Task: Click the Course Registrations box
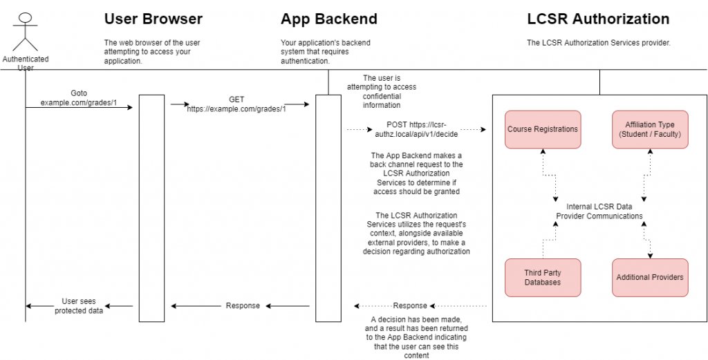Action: click(x=543, y=129)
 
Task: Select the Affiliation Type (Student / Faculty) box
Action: click(x=649, y=129)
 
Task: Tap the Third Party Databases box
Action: click(x=543, y=277)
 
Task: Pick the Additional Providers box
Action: click(x=649, y=277)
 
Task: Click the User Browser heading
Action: click(x=153, y=19)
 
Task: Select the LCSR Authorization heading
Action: click(x=598, y=19)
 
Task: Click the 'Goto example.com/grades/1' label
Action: click(x=79, y=97)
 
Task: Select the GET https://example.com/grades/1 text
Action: click(x=236, y=104)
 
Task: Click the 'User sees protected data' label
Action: click(x=78, y=306)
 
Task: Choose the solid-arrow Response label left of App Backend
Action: click(x=243, y=306)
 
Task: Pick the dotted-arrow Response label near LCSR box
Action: click(x=410, y=306)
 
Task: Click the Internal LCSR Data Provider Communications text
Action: click(x=599, y=211)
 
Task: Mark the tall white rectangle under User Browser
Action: click(x=151, y=208)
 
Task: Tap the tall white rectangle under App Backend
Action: click(x=328, y=208)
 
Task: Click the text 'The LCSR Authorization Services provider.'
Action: click(x=599, y=43)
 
